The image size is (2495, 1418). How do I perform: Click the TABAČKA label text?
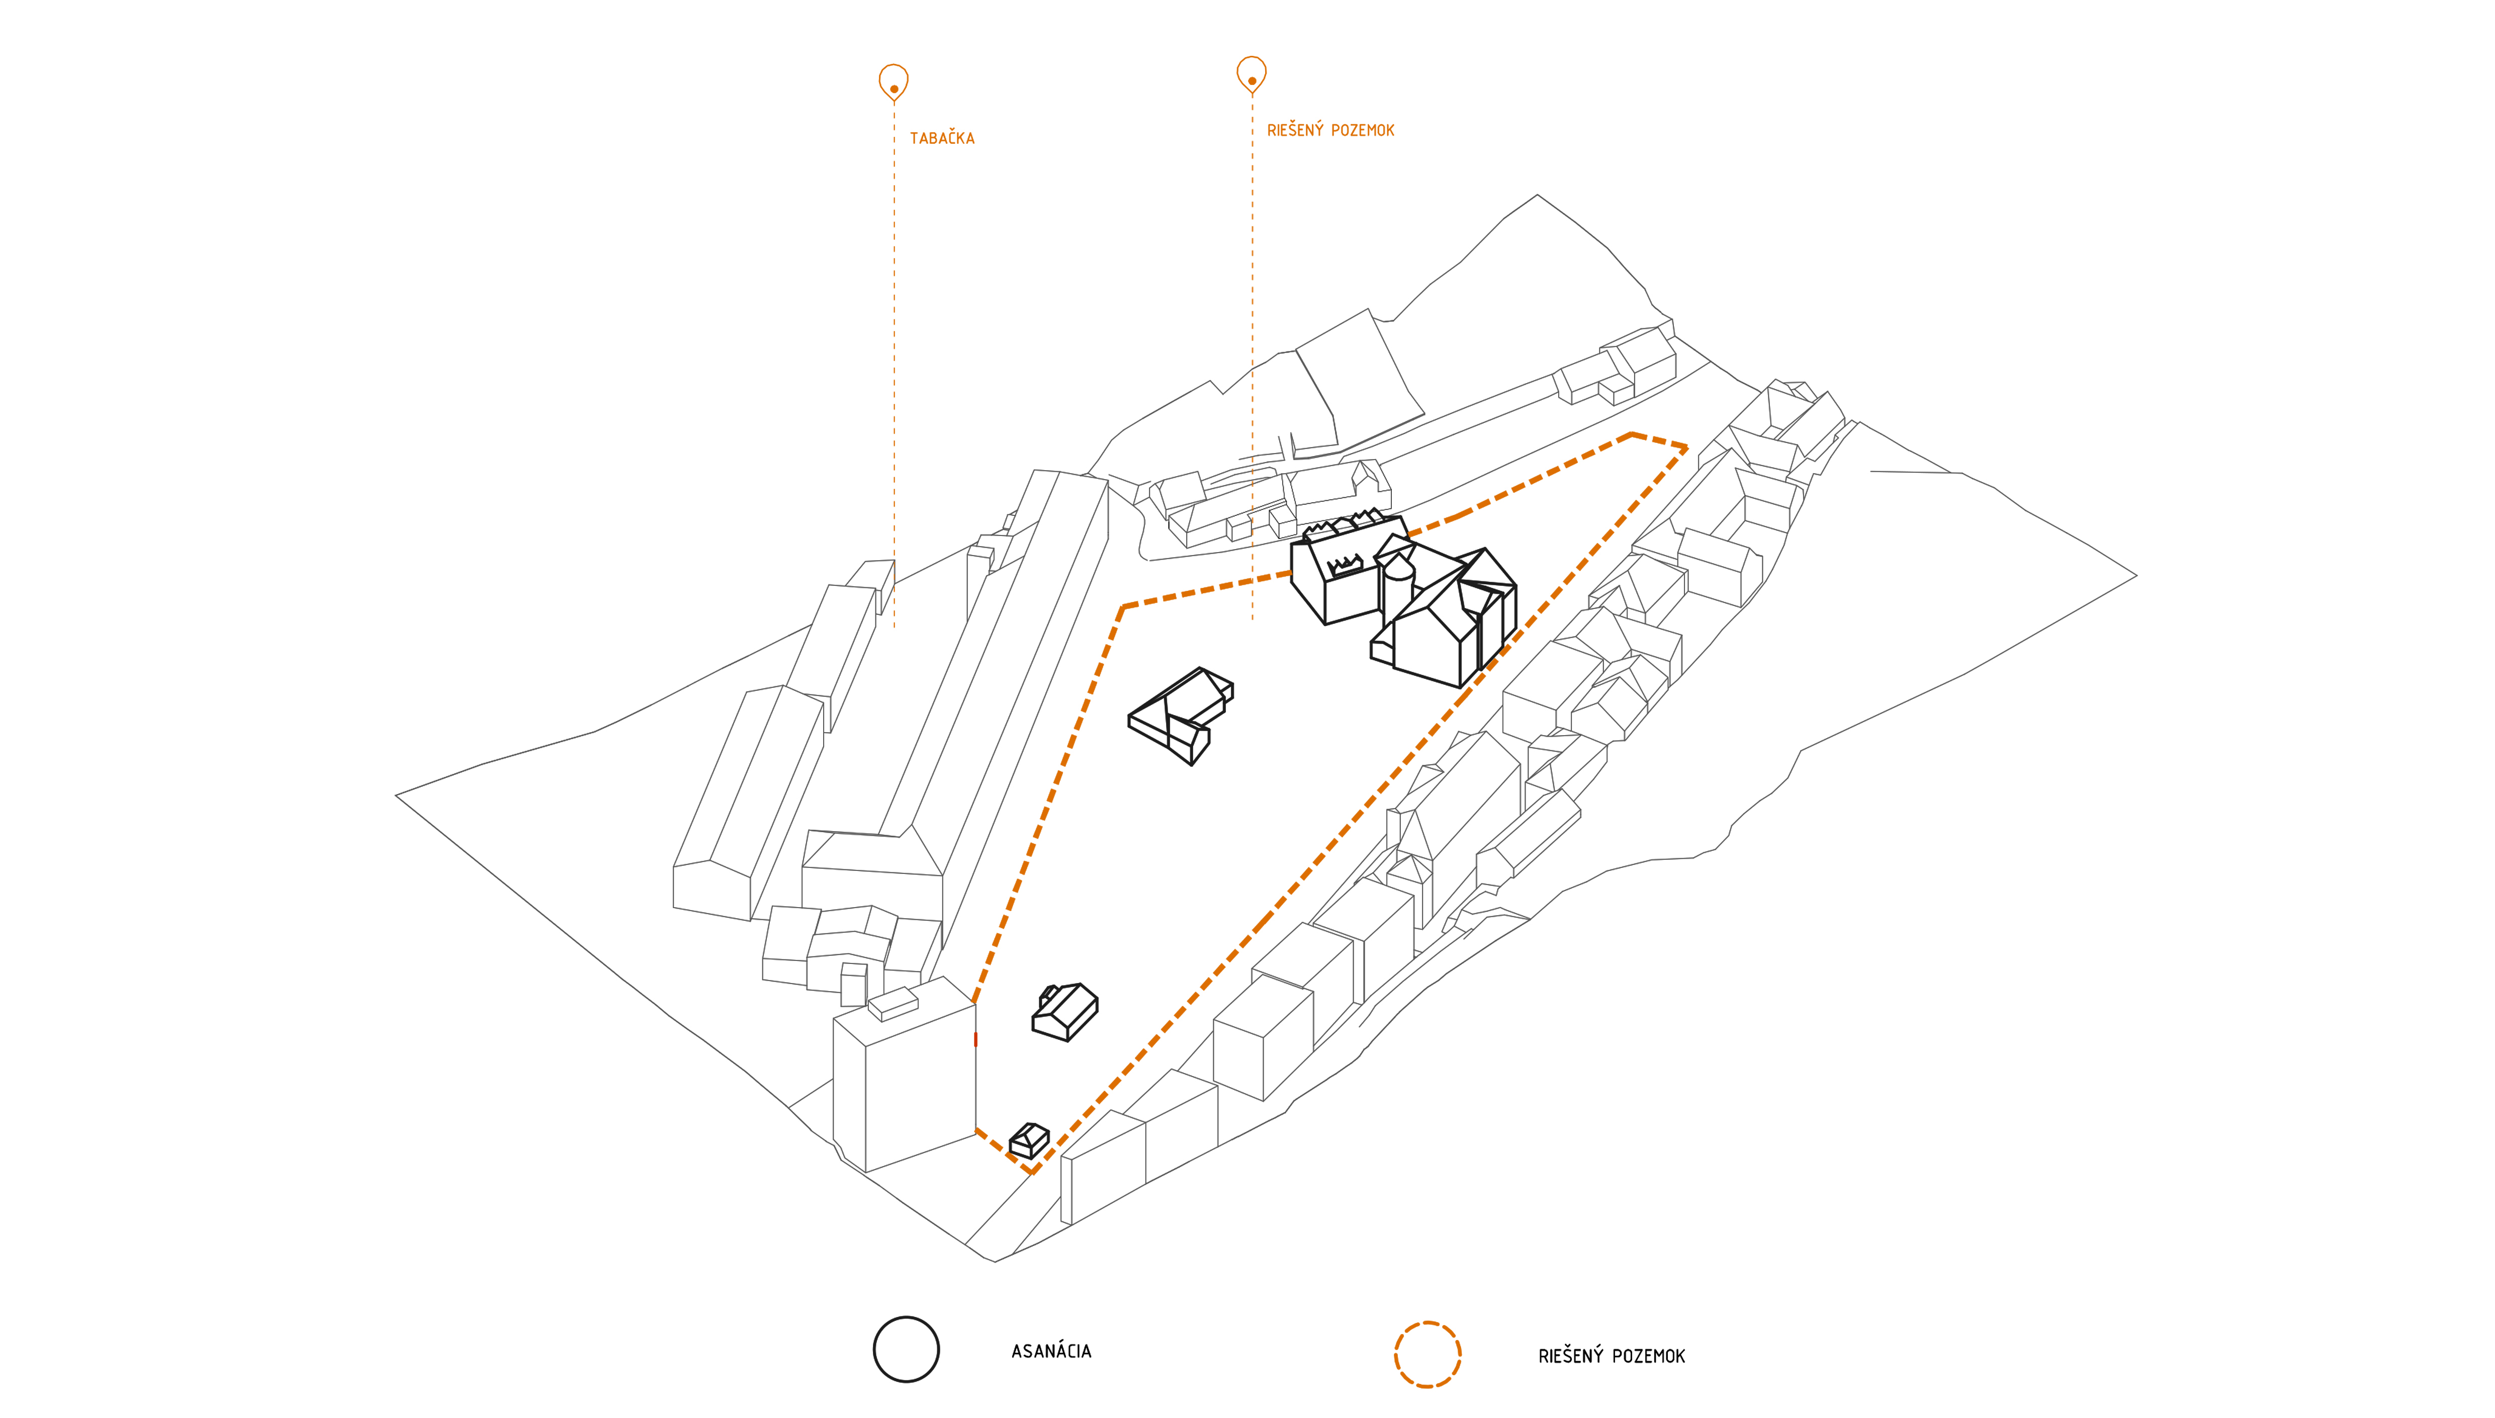coord(942,138)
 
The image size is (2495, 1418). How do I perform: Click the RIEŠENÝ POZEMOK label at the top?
coord(1330,131)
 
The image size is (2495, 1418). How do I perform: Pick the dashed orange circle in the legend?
coord(1428,1354)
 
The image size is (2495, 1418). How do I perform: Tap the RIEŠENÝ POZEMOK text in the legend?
coord(1612,1356)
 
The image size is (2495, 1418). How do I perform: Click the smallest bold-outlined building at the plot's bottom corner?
coord(1029,1140)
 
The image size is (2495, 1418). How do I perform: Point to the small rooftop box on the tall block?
coord(893,1003)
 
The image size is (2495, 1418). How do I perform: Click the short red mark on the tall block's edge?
coord(975,1040)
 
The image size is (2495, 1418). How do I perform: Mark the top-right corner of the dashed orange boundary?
coord(1686,448)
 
